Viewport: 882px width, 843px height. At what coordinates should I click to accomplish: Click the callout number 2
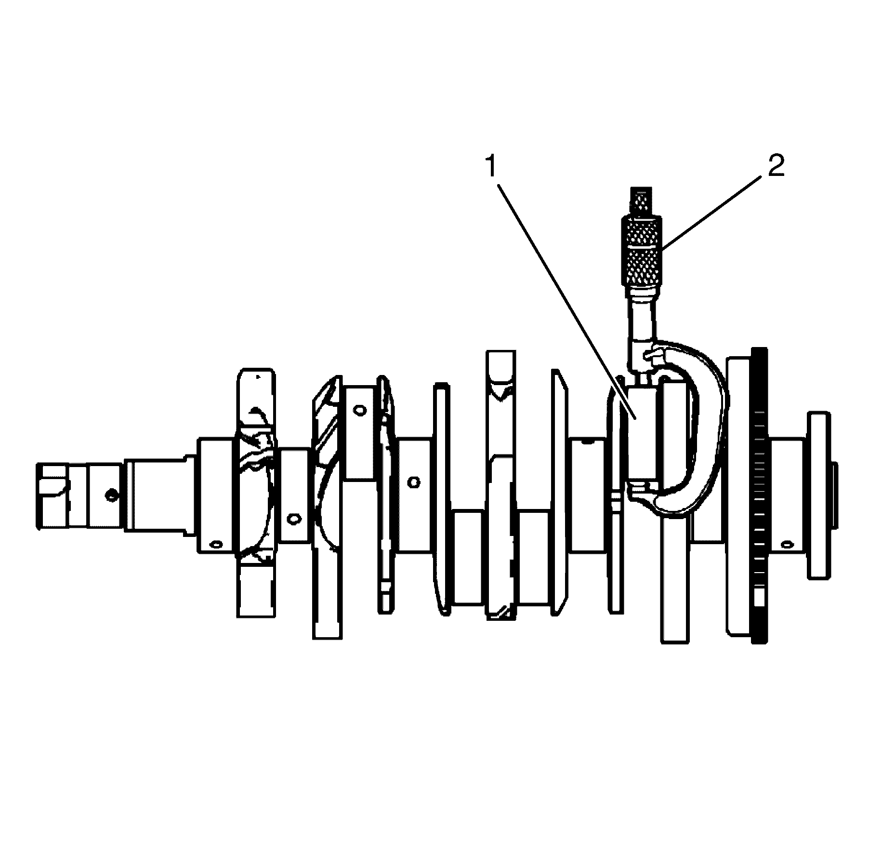776,166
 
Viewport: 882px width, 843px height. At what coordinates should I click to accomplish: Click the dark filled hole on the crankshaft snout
112,494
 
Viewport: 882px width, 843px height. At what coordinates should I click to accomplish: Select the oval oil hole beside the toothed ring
787,544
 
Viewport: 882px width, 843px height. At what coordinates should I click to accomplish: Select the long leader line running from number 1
564,294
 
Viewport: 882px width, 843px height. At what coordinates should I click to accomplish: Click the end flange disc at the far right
819,494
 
